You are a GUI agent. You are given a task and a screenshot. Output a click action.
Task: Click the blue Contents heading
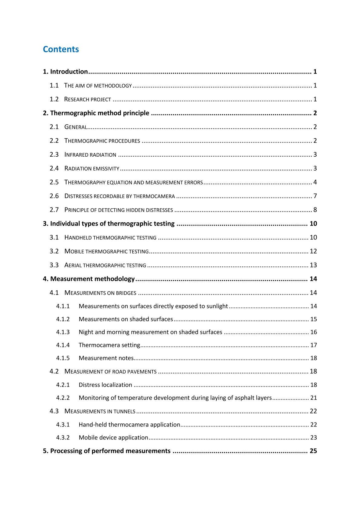coord(61,49)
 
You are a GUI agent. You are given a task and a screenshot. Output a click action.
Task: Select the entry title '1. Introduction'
coord(65,72)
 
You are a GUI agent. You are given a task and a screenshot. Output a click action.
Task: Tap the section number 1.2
coord(54,99)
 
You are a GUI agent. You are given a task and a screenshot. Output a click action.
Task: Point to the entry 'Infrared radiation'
coord(90,155)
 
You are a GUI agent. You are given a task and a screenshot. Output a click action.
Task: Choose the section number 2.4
coord(54,168)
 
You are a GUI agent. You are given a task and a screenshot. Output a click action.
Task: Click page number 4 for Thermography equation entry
coord(315,182)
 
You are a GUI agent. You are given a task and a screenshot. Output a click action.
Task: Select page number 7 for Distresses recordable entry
coord(315,196)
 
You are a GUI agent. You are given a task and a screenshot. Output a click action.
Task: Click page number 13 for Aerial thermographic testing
coord(313,265)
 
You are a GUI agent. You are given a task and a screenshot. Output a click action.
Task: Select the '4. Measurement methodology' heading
coord(89,279)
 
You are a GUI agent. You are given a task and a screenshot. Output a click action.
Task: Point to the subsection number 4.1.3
coord(63,332)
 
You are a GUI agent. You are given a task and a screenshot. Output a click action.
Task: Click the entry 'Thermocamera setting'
coord(109,345)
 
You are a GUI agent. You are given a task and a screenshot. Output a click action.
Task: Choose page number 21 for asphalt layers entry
coord(313,398)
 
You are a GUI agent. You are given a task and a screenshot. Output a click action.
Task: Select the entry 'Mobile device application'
coord(113,438)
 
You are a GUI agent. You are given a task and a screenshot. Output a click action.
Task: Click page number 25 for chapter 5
coord(313,451)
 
